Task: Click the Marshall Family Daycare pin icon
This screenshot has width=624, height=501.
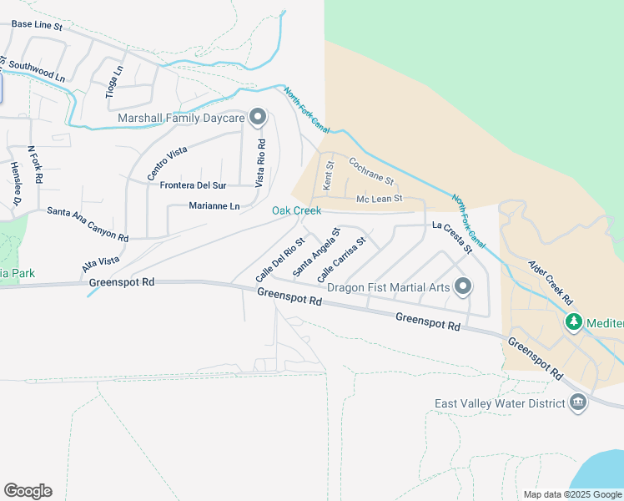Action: click(258, 117)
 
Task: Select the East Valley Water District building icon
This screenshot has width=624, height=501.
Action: click(577, 404)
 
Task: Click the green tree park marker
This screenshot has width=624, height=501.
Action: click(573, 322)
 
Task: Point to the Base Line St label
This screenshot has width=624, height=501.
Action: click(37, 26)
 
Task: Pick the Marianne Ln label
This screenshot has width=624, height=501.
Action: click(214, 205)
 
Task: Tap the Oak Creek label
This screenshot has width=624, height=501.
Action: click(296, 210)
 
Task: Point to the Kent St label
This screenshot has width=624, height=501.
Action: click(329, 175)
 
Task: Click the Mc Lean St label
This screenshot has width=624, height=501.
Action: click(380, 199)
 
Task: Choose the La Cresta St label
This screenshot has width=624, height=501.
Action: click(452, 237)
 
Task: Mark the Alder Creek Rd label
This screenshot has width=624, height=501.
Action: click(551, 282)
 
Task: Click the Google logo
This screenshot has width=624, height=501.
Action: click(28, 491)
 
